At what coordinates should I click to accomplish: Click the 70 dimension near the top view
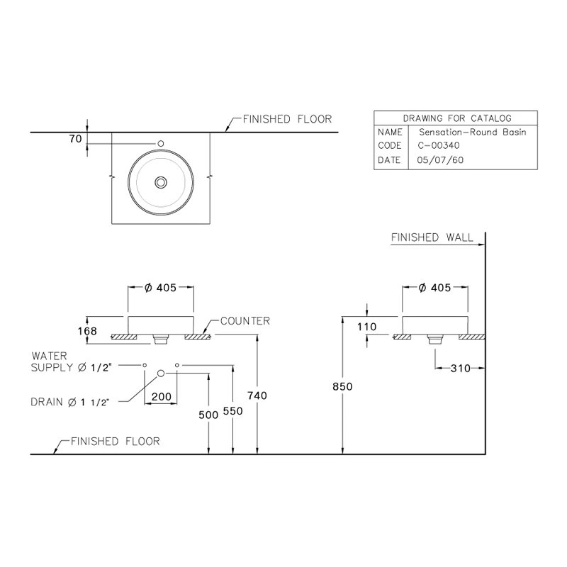point(75,139)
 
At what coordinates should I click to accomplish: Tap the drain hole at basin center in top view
point(161,182)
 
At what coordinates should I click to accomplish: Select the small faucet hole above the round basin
point(161,144)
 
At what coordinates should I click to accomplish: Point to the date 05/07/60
point(437,160)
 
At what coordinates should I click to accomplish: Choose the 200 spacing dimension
point(161,397)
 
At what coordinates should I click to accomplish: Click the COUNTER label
point(245,321)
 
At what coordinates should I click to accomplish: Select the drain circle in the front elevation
point(161,372)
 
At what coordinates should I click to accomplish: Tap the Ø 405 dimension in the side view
point(434,288)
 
